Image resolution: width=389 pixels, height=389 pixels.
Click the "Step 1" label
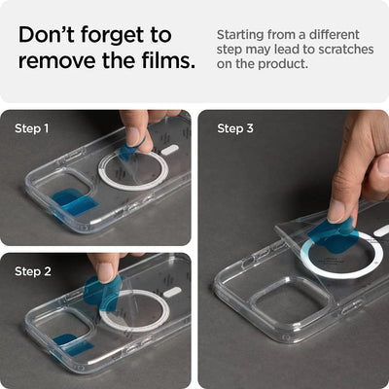click(31, 128)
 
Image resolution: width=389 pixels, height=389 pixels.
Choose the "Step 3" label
click(235, 128)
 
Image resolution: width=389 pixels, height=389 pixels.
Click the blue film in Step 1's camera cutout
click(74, 202)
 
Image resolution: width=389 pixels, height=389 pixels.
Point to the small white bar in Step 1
click(170, 151)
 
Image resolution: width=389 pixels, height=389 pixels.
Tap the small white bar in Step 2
click(172, 292)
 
